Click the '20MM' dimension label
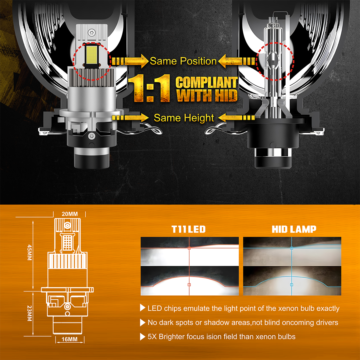[70, 214]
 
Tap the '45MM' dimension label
[30, 252]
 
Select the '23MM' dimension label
[30, 313]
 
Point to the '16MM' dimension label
[70, 339]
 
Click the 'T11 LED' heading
[188, 229]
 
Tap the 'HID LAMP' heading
[294, 229]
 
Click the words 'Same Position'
[183, 61]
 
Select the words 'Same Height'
[184, 118]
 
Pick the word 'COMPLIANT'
[207, 82]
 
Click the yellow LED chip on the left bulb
[92, 55]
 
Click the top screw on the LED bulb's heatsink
[92, 32]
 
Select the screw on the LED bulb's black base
[92, 136]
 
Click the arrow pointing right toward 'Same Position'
[130, 61]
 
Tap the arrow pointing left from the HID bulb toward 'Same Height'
[237, 118]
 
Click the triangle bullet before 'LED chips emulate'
[143, 308]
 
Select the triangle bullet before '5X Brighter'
[143, 337]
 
